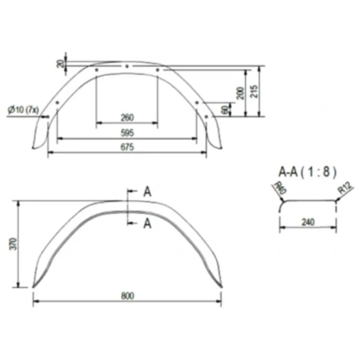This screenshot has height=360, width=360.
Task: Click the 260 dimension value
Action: pos(127,116)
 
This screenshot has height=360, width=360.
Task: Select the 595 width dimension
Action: pos(127,132)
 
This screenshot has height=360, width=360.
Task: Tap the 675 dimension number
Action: pos(127,147)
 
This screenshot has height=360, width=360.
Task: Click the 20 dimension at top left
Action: pos(61,64)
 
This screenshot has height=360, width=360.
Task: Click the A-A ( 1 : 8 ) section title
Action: pos(305,170)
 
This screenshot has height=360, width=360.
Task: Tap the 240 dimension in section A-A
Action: pos(308,223)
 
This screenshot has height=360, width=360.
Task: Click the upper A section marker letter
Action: pos(147,192)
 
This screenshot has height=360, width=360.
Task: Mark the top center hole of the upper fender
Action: pos(127,67)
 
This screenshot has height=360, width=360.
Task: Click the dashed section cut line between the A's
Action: pos(128,207)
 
